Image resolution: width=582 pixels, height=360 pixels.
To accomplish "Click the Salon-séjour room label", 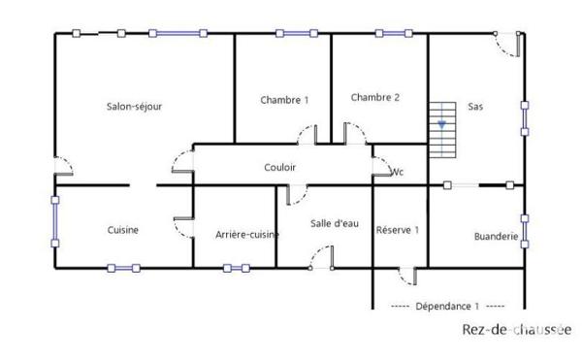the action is coord(134,107).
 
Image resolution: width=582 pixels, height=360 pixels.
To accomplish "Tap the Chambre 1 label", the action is coord(284,100).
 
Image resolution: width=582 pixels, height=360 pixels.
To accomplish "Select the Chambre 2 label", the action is coord(375,97).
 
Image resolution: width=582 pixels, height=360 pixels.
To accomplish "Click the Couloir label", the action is coord(279,168).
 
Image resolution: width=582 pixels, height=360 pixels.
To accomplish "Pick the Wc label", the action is coord(396,173).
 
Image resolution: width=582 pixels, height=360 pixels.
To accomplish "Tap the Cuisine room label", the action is coord(123,230).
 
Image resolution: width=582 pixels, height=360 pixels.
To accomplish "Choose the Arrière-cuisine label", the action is coord(247,234).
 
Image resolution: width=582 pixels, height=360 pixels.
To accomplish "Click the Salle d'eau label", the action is coord(332,223).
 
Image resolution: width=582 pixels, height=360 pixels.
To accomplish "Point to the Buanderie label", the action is coord(496,236).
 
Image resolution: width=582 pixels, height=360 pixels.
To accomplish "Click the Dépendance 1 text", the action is coord(448,306).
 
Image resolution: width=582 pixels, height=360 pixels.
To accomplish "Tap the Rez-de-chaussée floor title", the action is coord(517,330).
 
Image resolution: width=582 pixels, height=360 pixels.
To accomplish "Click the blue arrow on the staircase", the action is coord(442,124).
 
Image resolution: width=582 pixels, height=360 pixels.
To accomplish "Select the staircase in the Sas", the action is coord(441,131).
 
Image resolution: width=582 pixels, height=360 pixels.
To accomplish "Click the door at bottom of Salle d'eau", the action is coord(321,257).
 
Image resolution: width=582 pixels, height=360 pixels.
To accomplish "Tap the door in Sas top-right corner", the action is coord(507,42).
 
